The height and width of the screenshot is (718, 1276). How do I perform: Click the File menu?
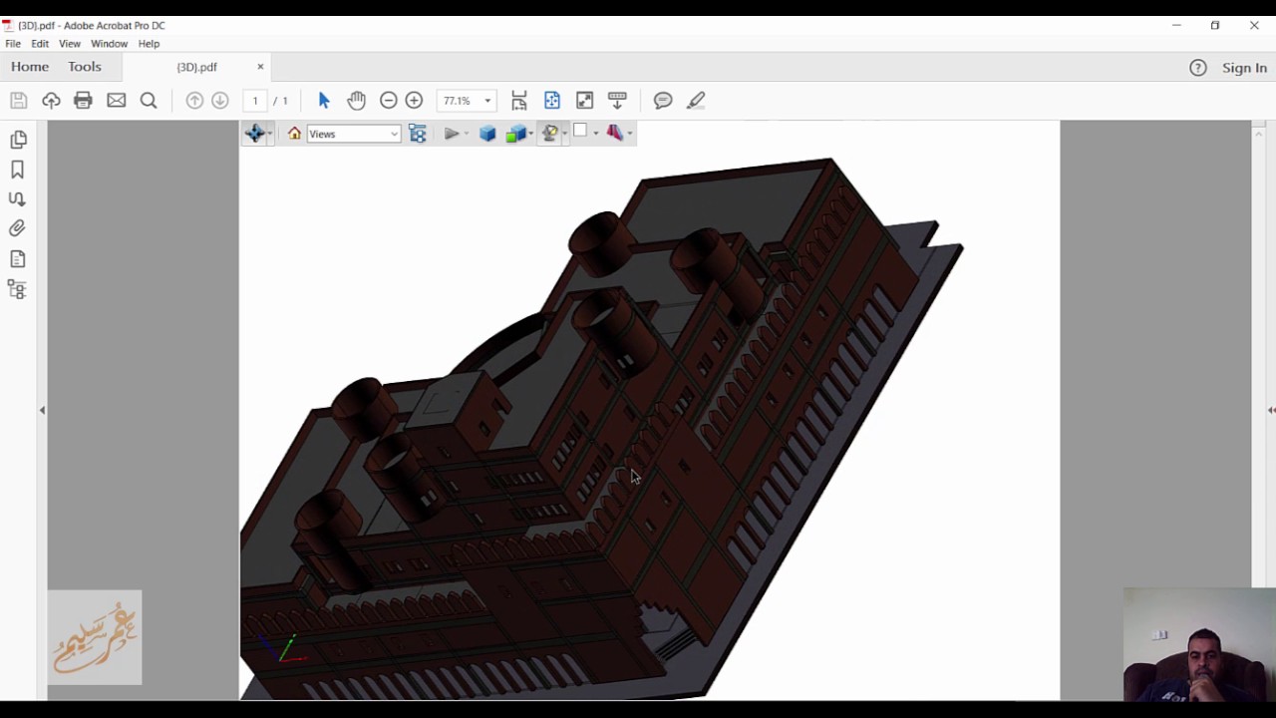13,44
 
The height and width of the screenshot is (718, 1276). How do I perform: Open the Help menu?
149,44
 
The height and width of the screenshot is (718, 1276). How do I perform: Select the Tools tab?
85,67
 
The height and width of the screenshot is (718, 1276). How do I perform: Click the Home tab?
30,67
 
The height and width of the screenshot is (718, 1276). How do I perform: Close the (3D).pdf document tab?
260,67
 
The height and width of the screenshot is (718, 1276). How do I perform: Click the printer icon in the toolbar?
83,101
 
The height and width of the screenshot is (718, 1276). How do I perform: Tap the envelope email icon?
117,101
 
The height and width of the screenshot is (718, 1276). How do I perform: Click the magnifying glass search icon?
149,101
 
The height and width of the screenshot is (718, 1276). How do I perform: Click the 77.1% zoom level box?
459,101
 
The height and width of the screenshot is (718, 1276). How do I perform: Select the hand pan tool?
356,101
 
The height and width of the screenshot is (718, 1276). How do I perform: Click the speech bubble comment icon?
663,101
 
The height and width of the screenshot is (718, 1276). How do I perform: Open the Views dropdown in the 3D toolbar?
353,134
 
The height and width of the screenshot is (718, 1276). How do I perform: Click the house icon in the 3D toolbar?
294,134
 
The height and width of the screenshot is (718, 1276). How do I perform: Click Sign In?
1244,68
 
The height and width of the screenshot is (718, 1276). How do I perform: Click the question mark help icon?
1198,68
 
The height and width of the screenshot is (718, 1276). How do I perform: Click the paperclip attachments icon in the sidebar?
17,228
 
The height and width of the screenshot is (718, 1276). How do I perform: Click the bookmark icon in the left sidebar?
17,170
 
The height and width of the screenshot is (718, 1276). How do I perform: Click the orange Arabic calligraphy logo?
95,637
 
